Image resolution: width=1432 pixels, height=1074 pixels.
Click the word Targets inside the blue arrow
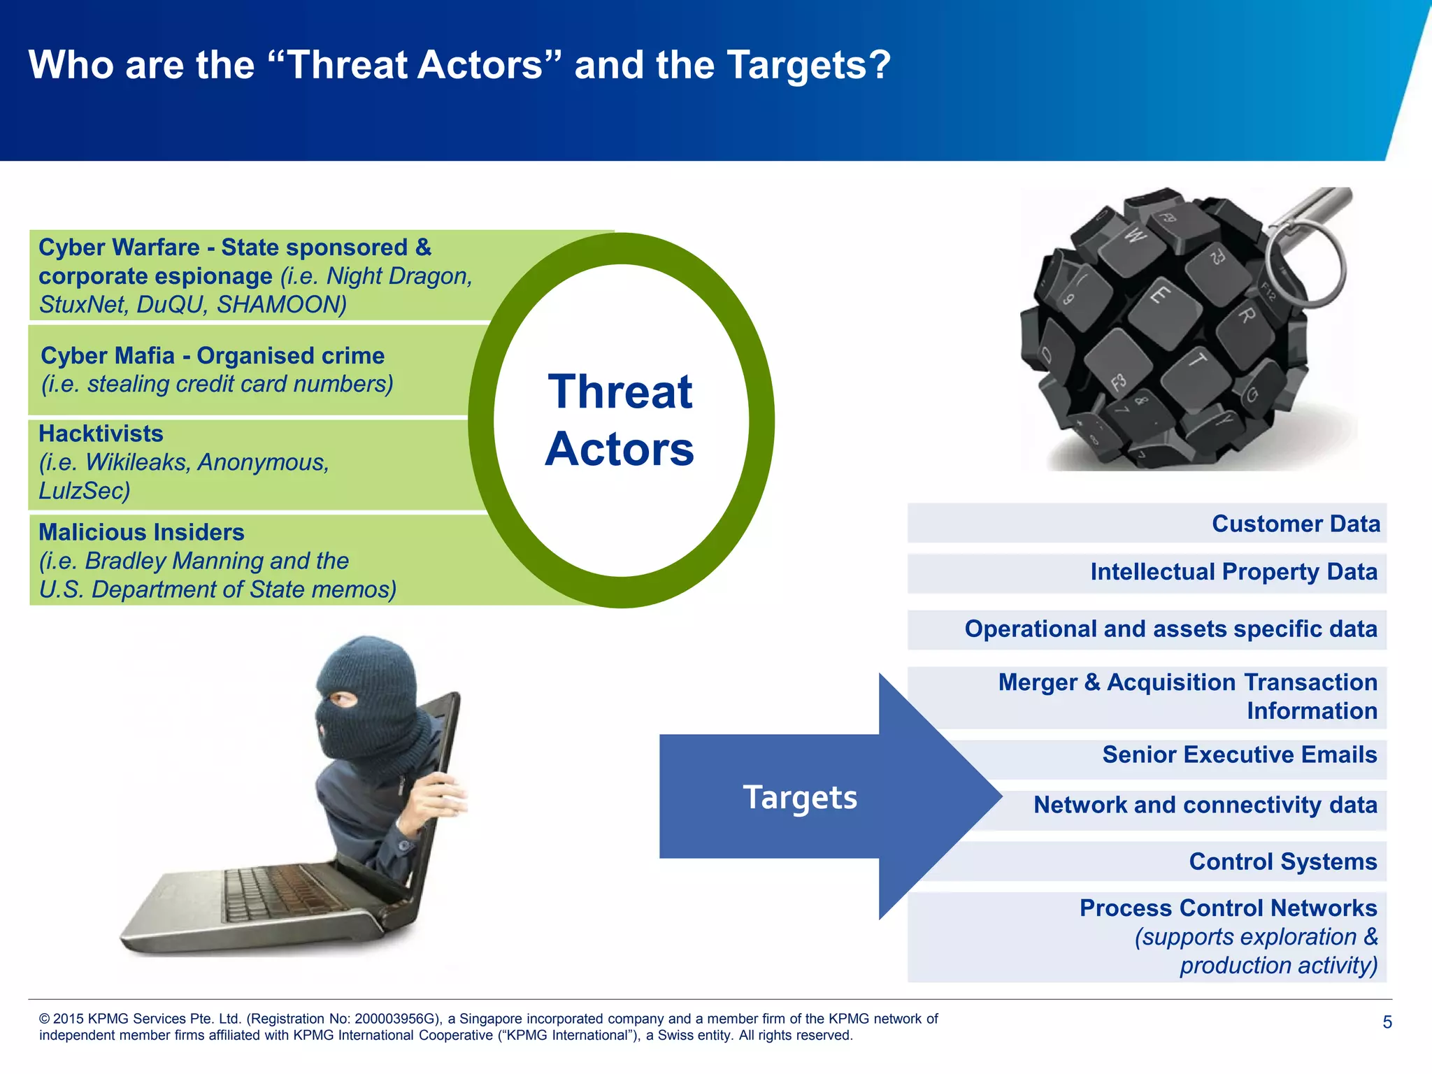click(800, 797)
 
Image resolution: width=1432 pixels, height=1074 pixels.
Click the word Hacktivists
click(101, 434)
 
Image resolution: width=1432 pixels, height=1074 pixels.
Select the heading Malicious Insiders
click(141, 532)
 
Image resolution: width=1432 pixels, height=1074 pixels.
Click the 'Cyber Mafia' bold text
click(108, 356)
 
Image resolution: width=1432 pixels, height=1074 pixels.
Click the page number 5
click(1387, 1022)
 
